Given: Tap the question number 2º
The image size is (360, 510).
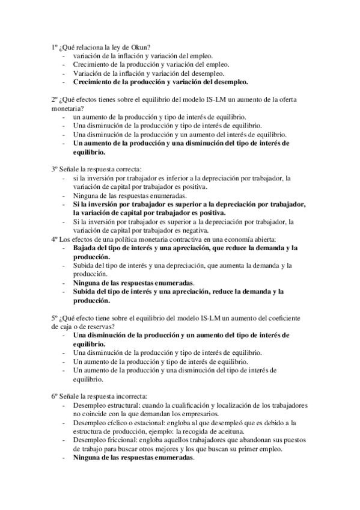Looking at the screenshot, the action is (54, 99).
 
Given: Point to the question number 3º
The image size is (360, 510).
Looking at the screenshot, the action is (54, 170).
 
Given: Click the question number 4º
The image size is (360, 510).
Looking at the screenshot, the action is (54, 239).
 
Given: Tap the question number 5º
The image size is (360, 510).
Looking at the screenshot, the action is (54, 318).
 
